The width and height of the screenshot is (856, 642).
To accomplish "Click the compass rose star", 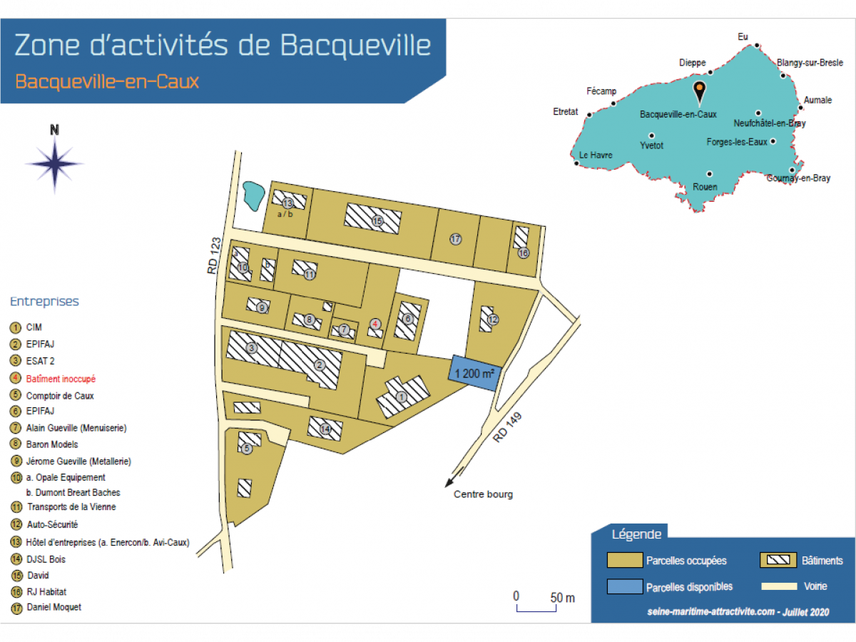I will tap(55, 163).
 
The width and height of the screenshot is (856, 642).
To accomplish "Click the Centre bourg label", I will tap(483, 494).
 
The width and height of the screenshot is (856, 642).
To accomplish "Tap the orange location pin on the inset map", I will tap(700, 91).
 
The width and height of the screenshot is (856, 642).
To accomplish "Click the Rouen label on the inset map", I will tap(705, 187).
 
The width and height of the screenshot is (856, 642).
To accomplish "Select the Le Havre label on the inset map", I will tap(596, 155).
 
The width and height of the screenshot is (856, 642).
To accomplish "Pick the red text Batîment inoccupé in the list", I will tap(61, 379).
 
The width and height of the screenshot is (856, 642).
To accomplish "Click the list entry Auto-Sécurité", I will tap(52, 524).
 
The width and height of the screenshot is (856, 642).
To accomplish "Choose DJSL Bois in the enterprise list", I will tap(46, 559).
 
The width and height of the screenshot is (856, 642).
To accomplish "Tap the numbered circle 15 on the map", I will tap(377, 221).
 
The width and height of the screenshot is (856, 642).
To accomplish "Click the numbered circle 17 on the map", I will tap(456, 239).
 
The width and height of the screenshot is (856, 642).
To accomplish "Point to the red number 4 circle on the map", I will tap(375, 323).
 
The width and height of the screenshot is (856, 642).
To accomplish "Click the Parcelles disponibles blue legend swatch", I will tap(624, 586).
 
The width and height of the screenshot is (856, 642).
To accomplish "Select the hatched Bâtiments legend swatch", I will tap(778, 560).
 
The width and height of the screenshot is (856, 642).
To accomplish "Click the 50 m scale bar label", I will tap(562, 598).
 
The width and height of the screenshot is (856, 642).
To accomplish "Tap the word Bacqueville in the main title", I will tap(355, 46).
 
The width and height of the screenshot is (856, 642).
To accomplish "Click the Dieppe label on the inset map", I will tap(692, 63).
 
